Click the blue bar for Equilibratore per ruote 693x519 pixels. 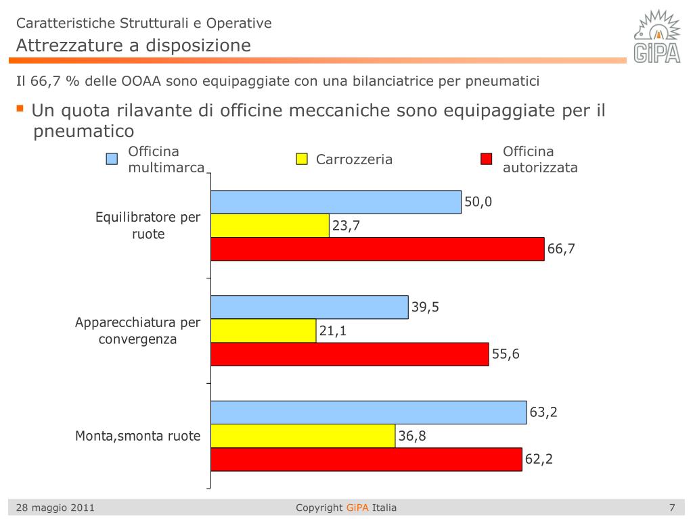tap(336, 202)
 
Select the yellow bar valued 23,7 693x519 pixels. tap(270, 226)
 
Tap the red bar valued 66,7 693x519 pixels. tap(378, 249)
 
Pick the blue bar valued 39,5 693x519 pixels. tap(309, 307)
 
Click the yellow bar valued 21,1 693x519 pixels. tap(263, 330)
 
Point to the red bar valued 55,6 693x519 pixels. tap(350, 354)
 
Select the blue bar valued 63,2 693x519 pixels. tap(369, 412)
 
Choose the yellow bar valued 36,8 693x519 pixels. tap(303, 436)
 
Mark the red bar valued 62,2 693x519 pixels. tap(366, 460)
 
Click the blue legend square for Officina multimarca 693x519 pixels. tap(112, 159)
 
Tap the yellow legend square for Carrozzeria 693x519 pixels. tap(302, 159)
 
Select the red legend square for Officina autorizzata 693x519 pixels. tap(486, 159)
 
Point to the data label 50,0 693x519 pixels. tap(478, 201)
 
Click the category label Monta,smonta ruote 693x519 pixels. tap(137, 436)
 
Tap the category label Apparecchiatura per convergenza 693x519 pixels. tap(137, 330)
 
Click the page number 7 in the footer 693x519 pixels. tap(672, 508)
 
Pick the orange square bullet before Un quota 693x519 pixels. tap(20, 108)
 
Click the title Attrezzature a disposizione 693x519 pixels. tap(133, 45)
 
